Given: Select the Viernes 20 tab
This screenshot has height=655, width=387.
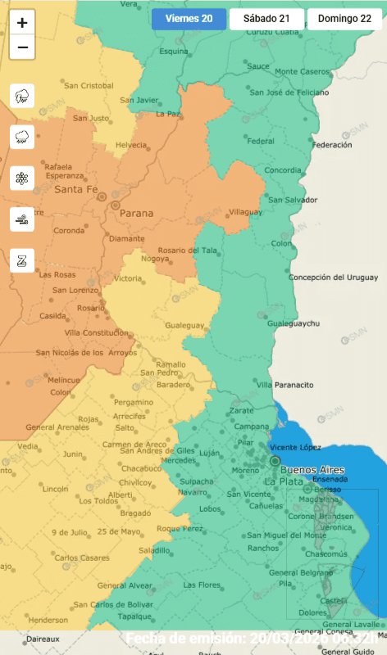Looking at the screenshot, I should [x=189, y=18].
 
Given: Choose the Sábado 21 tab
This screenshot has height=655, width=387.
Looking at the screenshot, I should [x=266, y=18].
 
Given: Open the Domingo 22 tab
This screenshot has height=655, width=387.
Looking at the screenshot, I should [x=344, y=18].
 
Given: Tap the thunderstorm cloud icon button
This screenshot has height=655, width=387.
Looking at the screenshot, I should [x=22, y=97].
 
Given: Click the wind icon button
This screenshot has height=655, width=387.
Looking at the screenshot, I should [x=22, y=219].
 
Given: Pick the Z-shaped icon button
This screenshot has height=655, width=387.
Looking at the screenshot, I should [x=22, y=260].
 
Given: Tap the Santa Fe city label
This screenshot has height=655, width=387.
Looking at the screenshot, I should [x=76, y=190].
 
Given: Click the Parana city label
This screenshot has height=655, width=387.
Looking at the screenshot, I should [x=136, y=213].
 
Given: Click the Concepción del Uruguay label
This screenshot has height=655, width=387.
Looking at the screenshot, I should [x=333, y=278].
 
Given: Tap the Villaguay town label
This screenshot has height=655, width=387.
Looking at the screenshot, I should [x=244, y=211].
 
